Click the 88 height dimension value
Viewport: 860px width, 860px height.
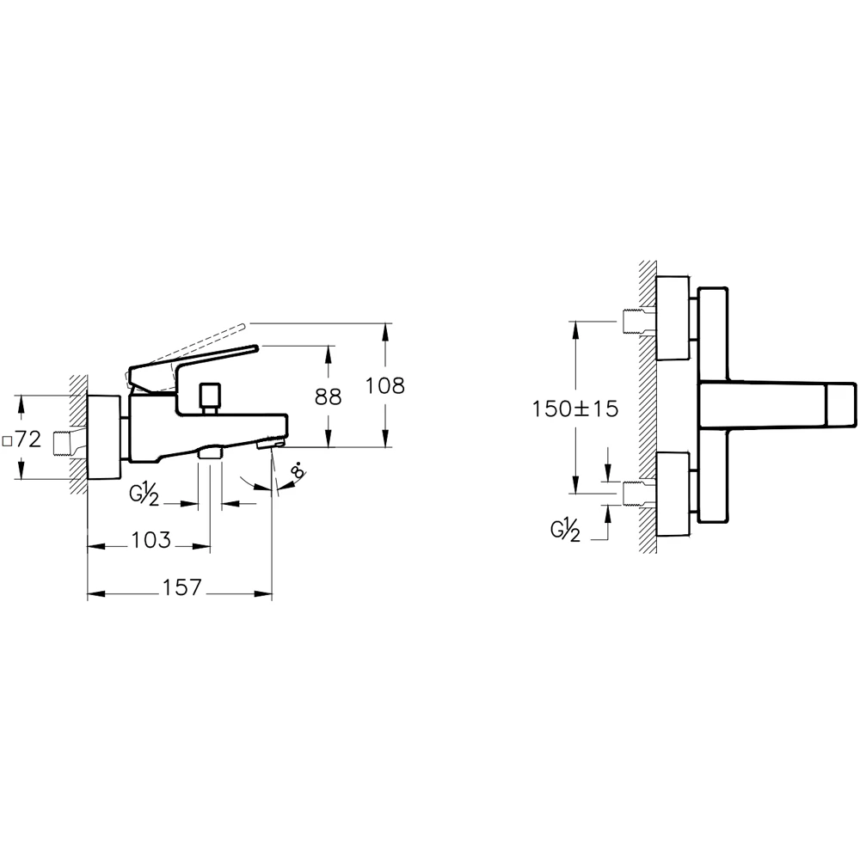pyautogui.click(x=328, y=396)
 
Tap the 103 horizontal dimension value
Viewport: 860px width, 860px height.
pyautogui.click(x=150, y=541)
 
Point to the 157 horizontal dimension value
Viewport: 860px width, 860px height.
pyautogui.click(x=181, y=587)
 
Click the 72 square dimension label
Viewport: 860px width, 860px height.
pyautogui.click(x=22, y=439)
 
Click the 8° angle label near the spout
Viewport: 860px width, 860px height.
pyautogui.click(x=298, y=472)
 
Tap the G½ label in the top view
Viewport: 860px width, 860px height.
pyautogui.click(x=565, y=531)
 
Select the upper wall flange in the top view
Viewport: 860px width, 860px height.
pyautogui.click(x=673, y=318)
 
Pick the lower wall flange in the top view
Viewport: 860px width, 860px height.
pyautogui.click(x=673, y=493)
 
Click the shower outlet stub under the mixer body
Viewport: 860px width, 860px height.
pyautogui.click(x=210, y=451)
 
